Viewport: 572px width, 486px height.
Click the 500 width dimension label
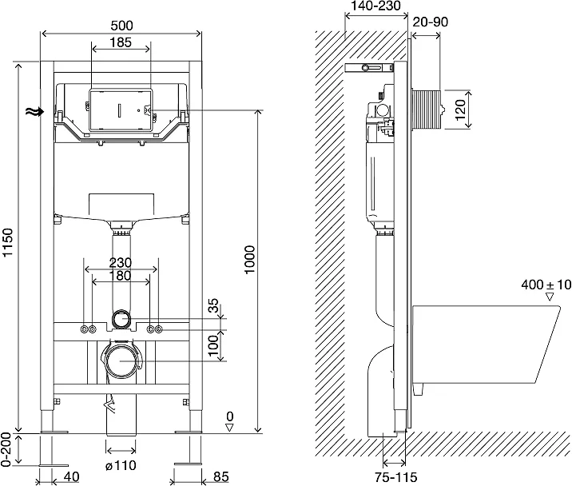coord(121,25)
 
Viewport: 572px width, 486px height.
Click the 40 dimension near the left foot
coord(70,476)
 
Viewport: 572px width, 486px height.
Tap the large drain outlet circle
coord(121,360)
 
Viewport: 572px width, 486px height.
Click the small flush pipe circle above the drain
coord(121,320)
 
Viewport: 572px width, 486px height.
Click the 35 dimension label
coord(213,305)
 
